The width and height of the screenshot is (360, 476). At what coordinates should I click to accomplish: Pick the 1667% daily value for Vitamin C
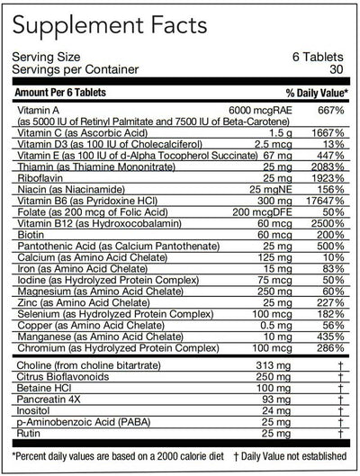pos(328,132)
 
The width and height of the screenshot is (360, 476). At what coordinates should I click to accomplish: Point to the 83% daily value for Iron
pos(334,273)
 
